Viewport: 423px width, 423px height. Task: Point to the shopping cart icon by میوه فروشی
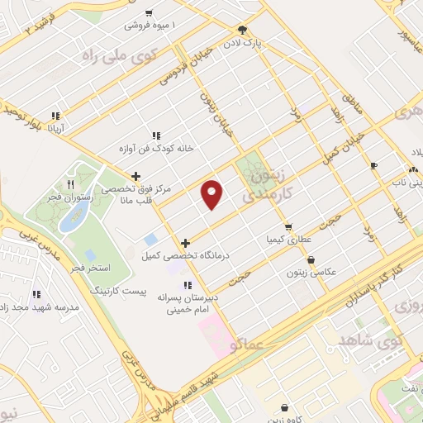point(148,12)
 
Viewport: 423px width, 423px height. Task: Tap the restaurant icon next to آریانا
point(55,116)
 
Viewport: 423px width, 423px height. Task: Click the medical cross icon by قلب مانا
point(136,175)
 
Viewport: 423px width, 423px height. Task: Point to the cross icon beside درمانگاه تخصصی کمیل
point(186,243)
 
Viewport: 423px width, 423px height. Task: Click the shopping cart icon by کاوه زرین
point(285,407)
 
